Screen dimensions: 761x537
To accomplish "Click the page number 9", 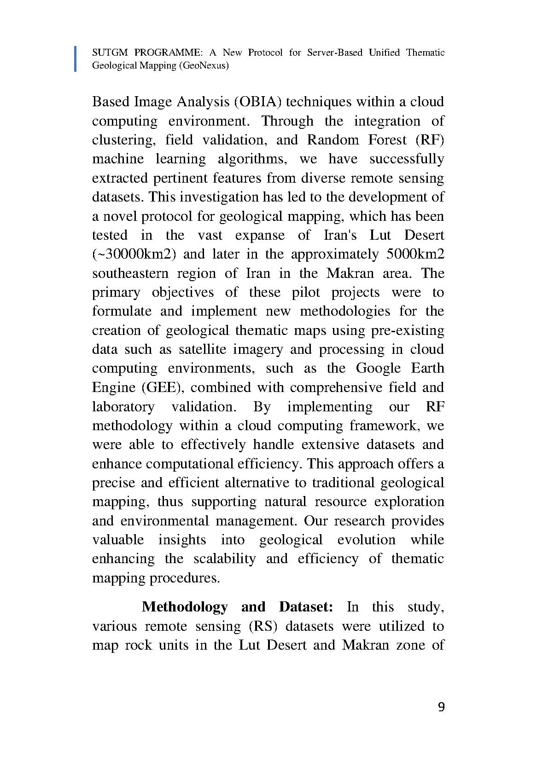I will pyautogui.click(x=441, y=707).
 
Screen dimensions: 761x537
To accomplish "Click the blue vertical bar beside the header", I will pyautogui.click(x=76, y=58).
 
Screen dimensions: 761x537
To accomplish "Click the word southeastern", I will pyautogui.click(x=131, y=273).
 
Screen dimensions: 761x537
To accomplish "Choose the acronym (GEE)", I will pyautogui.click(x=160, y=387).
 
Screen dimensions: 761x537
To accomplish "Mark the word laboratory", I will pyautogui.click(x=123, y=407).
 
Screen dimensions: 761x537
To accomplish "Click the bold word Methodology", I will pyautogui.click(x=185, y=607).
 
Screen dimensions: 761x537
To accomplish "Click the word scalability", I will pyautogui.click(x=224, y=559).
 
